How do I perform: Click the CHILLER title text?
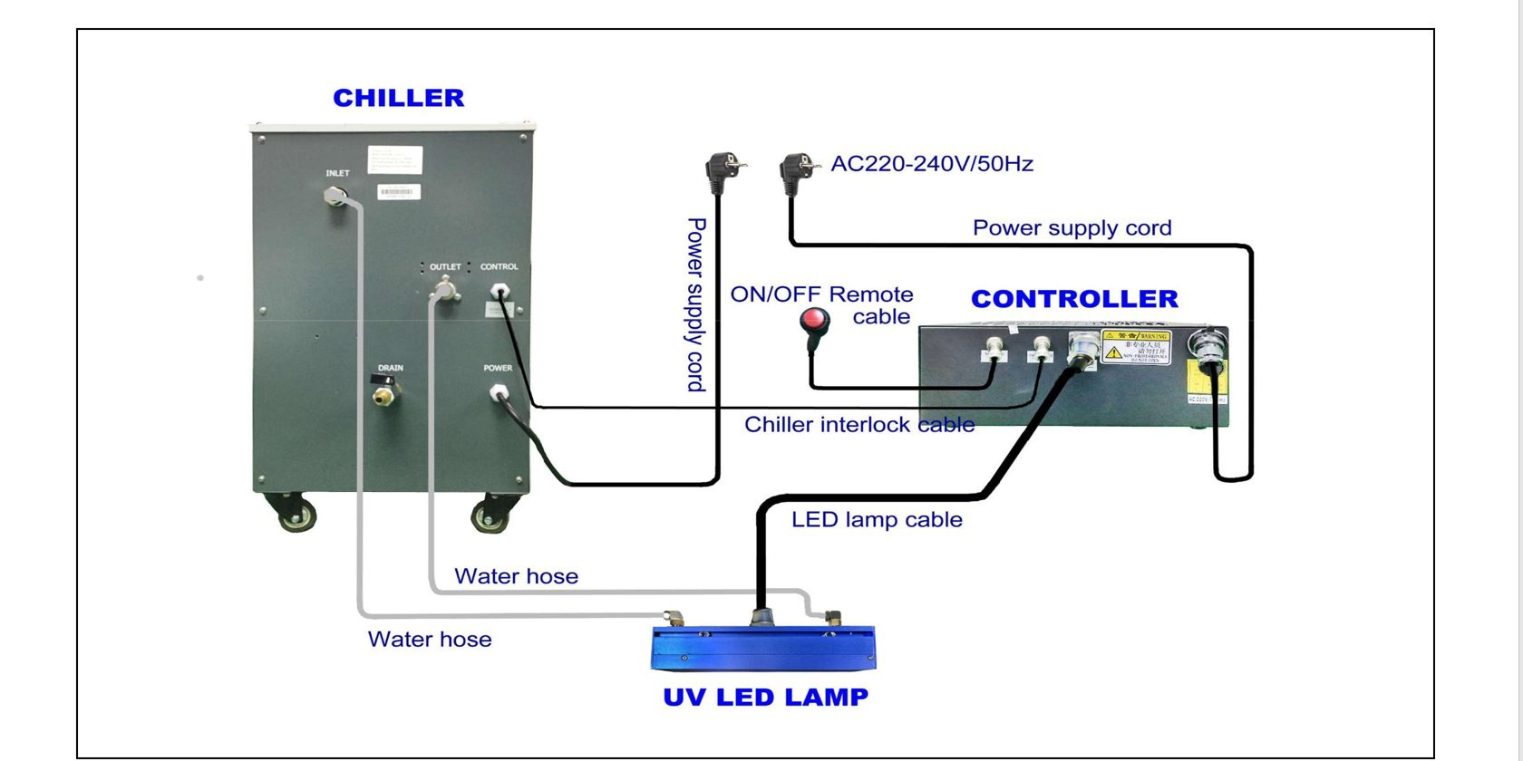click(x=398, y=98)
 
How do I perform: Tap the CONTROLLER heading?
click(x=1074, y=299)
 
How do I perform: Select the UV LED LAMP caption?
click(x=765, y=698)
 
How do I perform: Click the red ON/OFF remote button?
click(x=814, y=320)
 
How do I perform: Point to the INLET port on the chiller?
click(x=335, y=196)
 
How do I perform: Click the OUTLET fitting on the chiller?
click(x=444, y=291)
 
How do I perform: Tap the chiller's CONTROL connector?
click(x=499, y=292)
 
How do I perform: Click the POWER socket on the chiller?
click(x=498, y=393)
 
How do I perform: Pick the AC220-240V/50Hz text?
click(x=932, y=164)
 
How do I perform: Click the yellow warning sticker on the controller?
click(x=1136, y=347)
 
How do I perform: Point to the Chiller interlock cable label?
click(x=859, y=425)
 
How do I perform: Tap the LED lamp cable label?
click(x=877, y=520)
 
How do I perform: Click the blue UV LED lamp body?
click(x=763, y=649)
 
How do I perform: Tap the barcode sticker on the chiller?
click(x=399, y=192)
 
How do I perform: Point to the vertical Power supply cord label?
click(x=695, y=304)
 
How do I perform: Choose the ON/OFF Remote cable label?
click(x=821, y=305)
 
